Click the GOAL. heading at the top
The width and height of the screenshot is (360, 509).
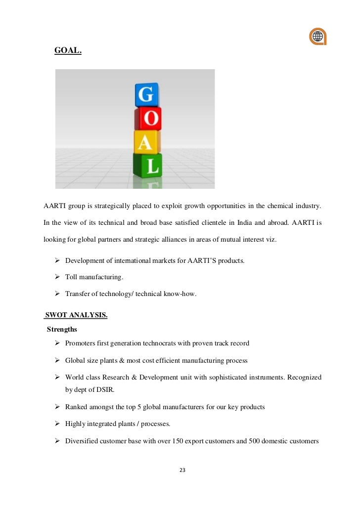coord(68,50)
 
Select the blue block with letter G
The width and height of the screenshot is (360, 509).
coord(146,94)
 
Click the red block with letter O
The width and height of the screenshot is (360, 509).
coord(148,119)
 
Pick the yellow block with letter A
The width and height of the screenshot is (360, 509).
coord(146,142)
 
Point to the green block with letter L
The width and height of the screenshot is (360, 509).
coord(148,166)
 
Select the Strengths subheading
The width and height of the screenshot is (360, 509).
coord(62,329)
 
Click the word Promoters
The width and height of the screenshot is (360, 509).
coord(81,343)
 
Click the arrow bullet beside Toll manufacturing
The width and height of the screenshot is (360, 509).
coord(57,277)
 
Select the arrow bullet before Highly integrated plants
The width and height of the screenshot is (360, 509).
coord(57,424)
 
